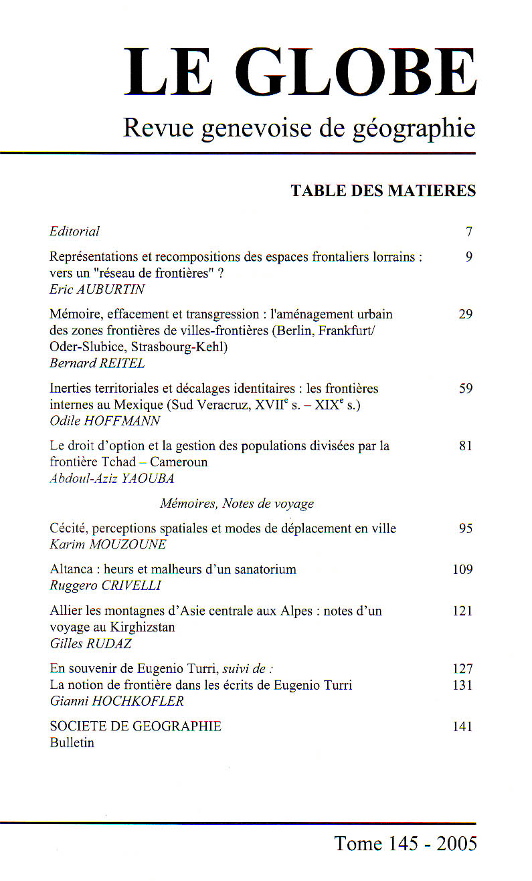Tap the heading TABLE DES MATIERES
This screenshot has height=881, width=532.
(383, 191)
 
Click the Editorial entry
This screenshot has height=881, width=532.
(74, 231)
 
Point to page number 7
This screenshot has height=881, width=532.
(469, 232)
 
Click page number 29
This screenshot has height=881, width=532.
(466, 314)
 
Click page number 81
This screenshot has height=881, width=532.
(466, 446)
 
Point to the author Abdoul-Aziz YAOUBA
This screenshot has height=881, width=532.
(111, 479)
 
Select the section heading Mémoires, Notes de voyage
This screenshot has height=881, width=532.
(237, 504)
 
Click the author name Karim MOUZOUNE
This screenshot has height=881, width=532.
(108, 545)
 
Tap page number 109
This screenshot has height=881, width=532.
(462, 569)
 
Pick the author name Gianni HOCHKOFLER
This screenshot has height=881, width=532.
(116, 701)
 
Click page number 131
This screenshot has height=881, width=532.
(462, 685)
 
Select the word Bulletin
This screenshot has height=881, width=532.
(72, 743)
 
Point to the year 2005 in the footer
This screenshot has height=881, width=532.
(456, 844)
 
